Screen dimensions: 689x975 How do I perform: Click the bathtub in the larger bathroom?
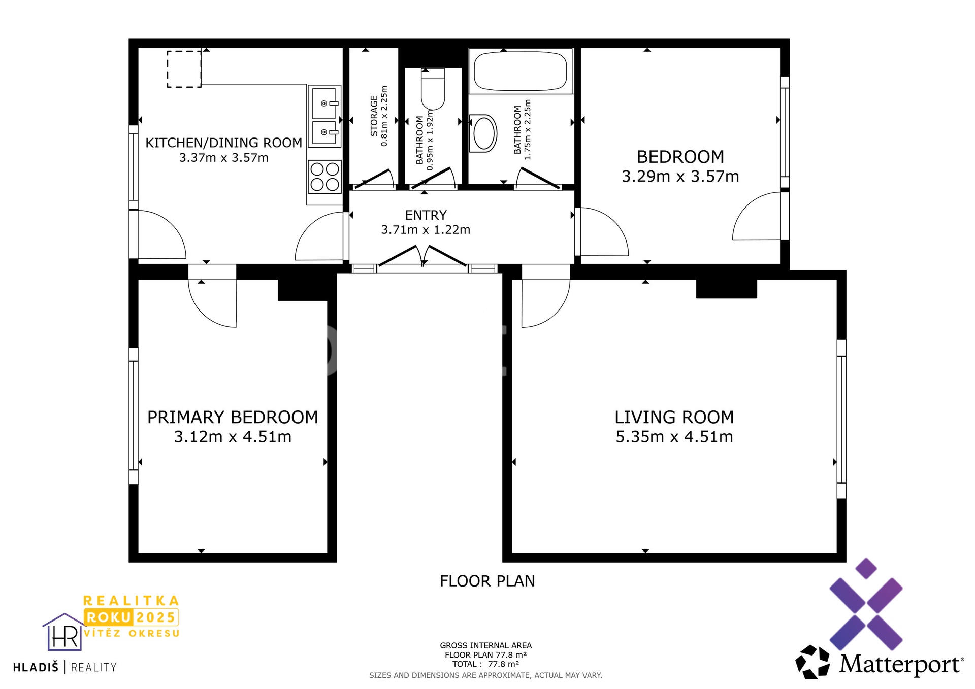tap(520, 71)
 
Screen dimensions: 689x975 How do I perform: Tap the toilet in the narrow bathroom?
tap(433, 90)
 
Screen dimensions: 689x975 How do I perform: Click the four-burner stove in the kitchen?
tap(325, 177)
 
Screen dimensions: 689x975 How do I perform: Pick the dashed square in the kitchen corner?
tap(184, 70)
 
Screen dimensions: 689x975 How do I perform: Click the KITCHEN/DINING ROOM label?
tap(223, 143)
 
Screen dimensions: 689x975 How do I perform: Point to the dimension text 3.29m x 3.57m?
tap(680, 177)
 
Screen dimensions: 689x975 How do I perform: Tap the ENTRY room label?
tap(426, 215)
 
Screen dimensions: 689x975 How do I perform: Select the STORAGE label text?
tap(374, 116)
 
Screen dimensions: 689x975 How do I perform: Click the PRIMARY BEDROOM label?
tap(233, 417)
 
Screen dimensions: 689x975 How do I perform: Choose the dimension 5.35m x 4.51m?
tap(674, 437)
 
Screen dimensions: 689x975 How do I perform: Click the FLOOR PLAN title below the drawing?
tap(487, 581)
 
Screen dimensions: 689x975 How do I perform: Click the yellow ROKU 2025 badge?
tap(131, 617)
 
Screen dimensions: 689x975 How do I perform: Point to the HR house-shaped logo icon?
tap(64, 633)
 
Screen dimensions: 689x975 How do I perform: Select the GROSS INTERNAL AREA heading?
tap(485, 645)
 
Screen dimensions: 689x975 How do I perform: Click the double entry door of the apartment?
tap(422, 256)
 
